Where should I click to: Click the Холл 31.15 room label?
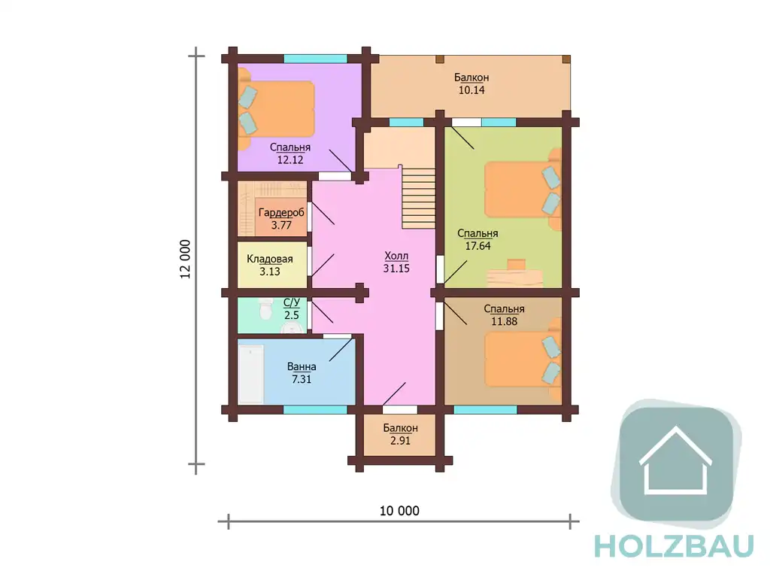tap(396, 262)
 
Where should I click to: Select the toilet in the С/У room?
tap(265, 308)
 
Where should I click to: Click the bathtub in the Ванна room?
tap(251, 375)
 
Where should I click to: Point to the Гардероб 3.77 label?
tap(281, 219)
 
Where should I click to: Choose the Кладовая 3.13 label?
tap(270, 265)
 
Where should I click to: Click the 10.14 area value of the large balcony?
tap(471, 90)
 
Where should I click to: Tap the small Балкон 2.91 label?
tap(400, 434)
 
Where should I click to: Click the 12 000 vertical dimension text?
tap(185, 259)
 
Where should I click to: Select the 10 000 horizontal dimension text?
tap(399, 511)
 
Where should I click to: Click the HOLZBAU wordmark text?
tap(674, 546)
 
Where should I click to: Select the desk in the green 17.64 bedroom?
tap(514, 274)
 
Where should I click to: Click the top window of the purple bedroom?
tap(315, 59)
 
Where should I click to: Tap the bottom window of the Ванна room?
tap(315, 409)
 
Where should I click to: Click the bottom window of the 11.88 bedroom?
tap(485, 409)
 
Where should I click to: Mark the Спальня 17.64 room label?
tap(477, 239)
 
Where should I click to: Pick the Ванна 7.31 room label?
tap(302, 372)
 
